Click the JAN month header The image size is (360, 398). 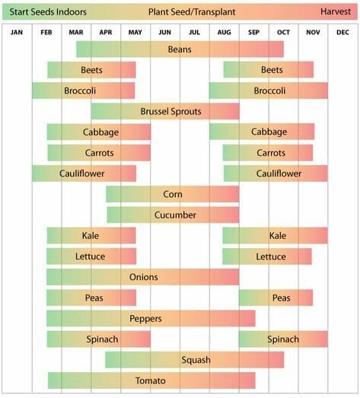[x=17, y=31]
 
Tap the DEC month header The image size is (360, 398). [x=342, y=31]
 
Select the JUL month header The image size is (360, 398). [x=194, y=31]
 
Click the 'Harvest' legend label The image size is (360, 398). [x=335, y=12]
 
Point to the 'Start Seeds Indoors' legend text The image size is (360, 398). [x=47, y=12]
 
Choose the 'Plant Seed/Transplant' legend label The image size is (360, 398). [x=180, y=12]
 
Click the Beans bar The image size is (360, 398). [x=180, y=49]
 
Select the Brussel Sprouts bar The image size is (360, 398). [x=165, y=111]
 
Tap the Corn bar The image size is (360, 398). [x=173, y=194]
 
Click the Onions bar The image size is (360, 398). [x=143, y=277]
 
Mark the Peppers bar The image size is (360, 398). [x=151, y=318]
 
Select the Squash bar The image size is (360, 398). [x=195, y=359]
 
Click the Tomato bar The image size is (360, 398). [x=151, y=380]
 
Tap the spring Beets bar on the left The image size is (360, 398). [x=91, y=70]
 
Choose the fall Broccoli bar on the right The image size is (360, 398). [x=269, y=91]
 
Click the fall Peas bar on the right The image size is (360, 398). [x=276, y=298]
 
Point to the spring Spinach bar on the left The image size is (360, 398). [x=98, y=339]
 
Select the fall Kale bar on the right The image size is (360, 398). [x=275, y=235]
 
